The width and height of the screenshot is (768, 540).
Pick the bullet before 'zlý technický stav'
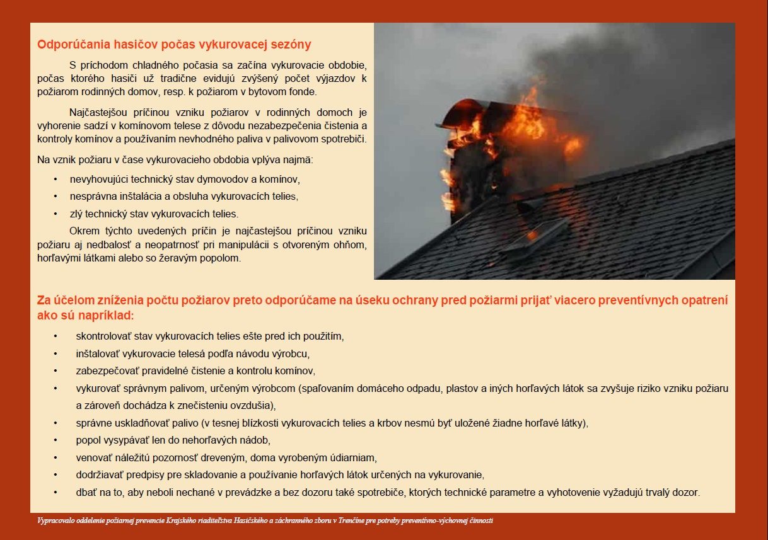[x=55, y=214]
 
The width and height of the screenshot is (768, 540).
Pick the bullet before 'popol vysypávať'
[x=55, y=440]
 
